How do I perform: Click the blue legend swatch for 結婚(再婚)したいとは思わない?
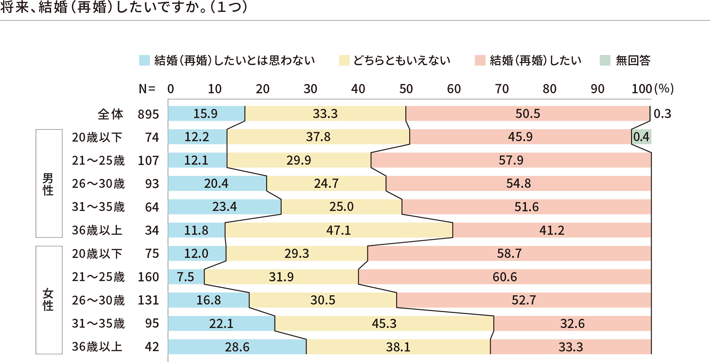pos(144,60)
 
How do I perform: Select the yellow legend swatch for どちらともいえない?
pos(344,60)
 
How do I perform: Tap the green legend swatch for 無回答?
pos(605,60)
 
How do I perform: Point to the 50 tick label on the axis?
pos(406,89)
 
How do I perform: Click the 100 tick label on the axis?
pos(641,89)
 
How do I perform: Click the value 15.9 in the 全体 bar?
pos(205,114)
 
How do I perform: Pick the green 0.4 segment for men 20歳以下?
pos(641,137)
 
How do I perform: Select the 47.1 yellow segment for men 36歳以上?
pos(338,230)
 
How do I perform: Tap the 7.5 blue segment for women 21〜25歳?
pos(185,277)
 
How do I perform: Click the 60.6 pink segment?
pos(505,277)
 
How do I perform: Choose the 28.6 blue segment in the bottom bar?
pos(237,347)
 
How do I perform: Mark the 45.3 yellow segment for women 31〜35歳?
pos(384,323)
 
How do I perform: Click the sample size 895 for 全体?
pos(148,114)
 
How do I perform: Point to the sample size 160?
pos(148,277)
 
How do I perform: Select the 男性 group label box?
pos(49,184)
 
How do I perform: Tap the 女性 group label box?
pos(49,300)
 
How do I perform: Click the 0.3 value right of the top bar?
pos(662,114)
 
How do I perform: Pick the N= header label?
pos(147,89)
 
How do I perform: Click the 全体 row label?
pos(110,114)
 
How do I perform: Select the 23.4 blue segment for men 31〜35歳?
pos(224,207)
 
